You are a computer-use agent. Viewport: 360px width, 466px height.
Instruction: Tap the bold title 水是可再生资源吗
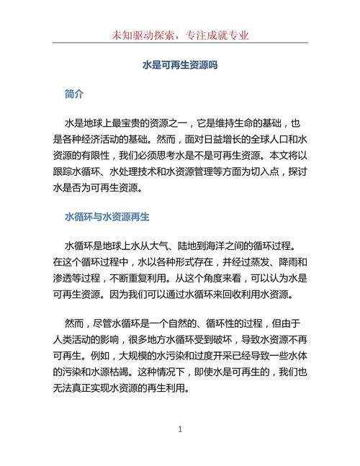[180, 65]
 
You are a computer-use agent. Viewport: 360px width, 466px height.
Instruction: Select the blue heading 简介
[74, 94]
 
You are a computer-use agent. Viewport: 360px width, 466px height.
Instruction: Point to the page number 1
[180, 429]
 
